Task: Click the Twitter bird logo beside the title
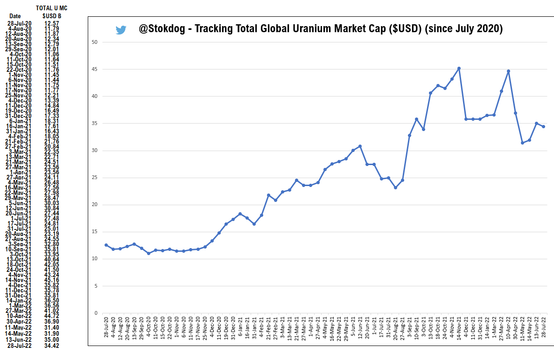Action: pos(121,30)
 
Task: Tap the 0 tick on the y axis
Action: pos(96,313)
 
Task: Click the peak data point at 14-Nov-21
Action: pos(459,69)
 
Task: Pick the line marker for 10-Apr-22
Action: pos(508,71)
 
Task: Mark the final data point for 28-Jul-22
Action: pos(543,127)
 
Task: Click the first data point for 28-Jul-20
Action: pos(106,245)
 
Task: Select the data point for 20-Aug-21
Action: pos(395,187)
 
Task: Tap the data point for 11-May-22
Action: pos(522,143)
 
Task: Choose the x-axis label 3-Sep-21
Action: pos(410,327)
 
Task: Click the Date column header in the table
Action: pos(15,16)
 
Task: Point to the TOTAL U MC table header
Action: pos(51,8)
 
